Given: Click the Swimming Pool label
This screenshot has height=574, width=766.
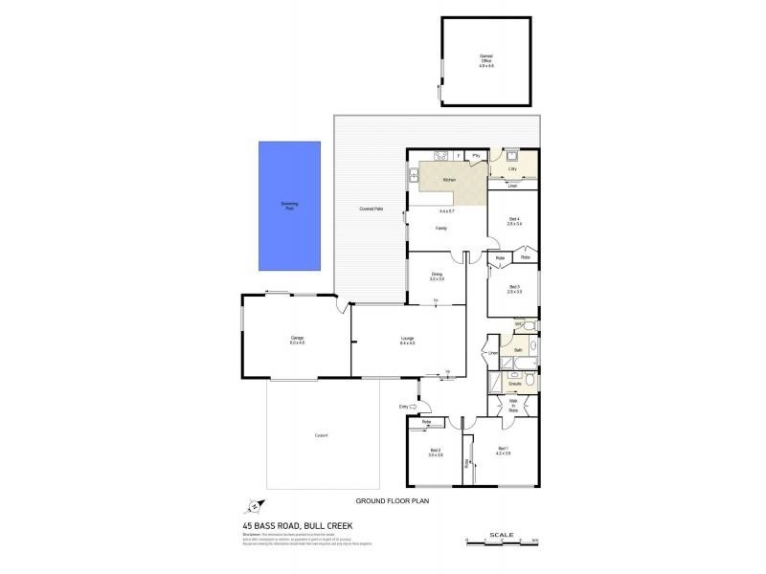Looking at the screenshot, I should [x=289, y=206].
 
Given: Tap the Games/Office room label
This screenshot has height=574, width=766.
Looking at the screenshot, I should [x=485, y=58].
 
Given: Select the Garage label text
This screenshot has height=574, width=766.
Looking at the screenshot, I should [x=298, y=339].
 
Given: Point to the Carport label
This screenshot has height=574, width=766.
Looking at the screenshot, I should [x=321, y=435].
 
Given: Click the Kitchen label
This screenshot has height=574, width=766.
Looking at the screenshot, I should [x=448, y=180].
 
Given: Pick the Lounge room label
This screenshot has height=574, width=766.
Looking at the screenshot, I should [x=407, y=338].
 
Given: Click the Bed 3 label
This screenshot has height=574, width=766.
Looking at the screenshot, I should [x=514, y=287].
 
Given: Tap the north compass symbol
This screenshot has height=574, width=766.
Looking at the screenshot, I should [x=253, y=507].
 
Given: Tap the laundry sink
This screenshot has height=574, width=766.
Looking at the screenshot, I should [x=512, y=156].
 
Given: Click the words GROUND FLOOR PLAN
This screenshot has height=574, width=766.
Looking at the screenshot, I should [x=392, y=500].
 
